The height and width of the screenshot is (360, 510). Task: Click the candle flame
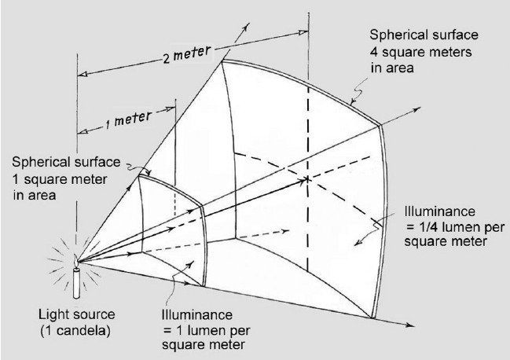(75, 261)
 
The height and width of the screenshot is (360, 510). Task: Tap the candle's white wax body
(76, 282)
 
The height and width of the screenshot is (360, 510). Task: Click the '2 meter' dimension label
(187, 54)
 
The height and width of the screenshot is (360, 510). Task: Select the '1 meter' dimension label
(128, 119)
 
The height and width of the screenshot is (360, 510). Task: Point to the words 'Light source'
(77, 314)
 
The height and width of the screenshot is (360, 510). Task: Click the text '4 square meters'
(421, 52)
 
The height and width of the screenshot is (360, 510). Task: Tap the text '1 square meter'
(60, 179)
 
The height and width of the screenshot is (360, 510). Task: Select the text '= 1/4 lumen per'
(455, 226)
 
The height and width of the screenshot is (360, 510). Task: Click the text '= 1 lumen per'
(207, 330)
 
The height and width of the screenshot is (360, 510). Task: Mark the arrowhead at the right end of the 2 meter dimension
(303, 32)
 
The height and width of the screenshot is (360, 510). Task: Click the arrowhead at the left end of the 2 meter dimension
(83, 74)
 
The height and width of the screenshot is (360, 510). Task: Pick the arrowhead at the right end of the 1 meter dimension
(171, 109)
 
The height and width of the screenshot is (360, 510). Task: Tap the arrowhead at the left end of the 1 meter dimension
(83, 131)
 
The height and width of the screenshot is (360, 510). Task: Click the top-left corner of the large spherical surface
(222, 61)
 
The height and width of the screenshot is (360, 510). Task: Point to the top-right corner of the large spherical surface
(380, 125)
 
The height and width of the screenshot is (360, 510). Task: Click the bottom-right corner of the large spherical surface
(372, 318)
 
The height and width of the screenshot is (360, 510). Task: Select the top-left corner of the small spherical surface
(139, 176)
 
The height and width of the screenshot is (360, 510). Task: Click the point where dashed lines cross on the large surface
(308, 179)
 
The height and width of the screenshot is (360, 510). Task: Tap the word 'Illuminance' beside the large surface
(440, 211)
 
